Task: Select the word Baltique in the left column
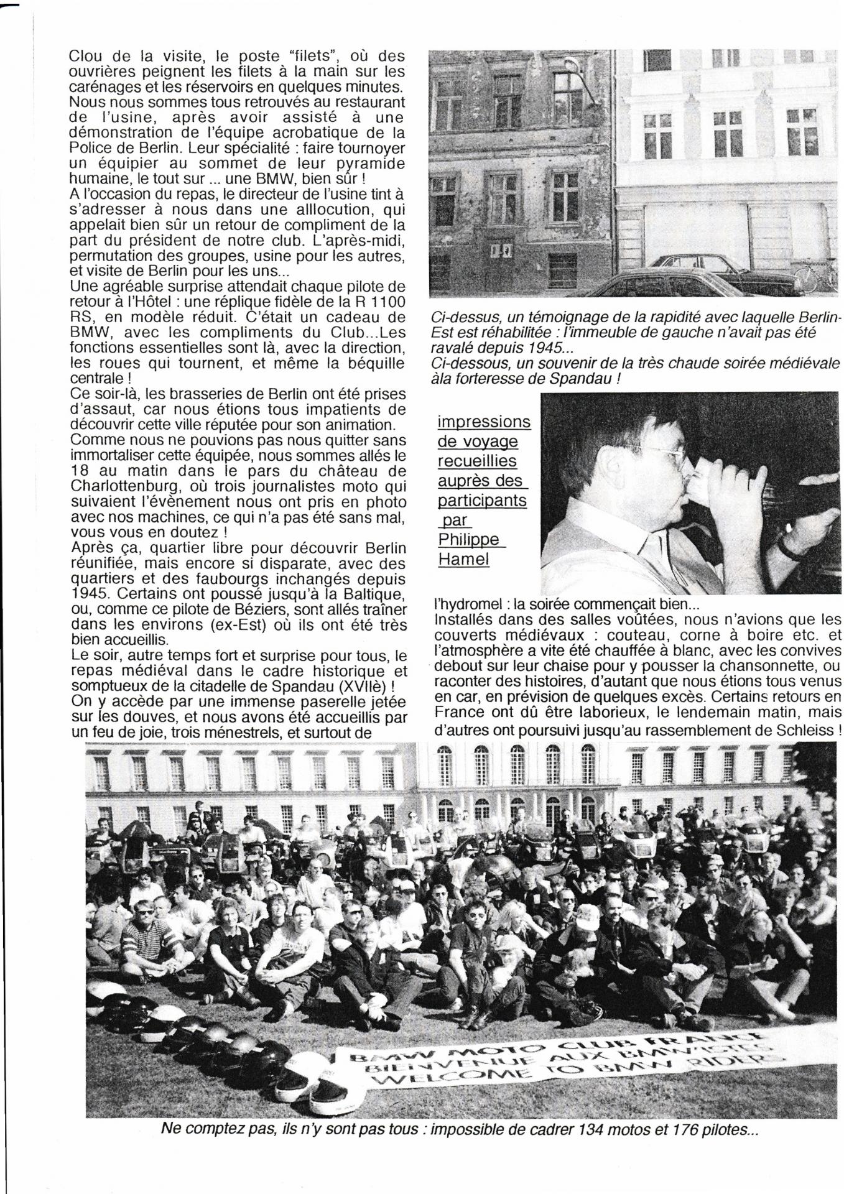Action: (371, 595)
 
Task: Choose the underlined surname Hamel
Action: (463, 559)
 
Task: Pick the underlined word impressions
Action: (484, 422)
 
